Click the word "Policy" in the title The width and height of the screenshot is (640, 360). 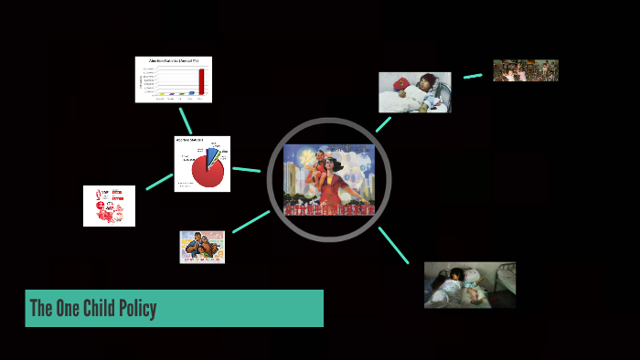click(134, 309)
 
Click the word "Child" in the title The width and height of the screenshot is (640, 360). click(91, 309)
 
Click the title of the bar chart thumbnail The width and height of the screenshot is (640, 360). click(174, 61)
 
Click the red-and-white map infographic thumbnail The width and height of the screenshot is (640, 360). click(109, 206)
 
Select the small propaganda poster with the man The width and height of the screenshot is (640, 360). click(202, 247)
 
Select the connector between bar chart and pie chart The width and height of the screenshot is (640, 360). click(187, 121)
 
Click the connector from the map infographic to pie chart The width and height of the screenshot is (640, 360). click(159, 182)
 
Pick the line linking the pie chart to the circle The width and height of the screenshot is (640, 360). click(247, 169)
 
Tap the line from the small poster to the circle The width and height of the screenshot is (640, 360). click(251, 222)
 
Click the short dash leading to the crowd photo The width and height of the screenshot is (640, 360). click(473, 76)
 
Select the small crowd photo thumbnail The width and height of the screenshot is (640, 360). click(526, 70)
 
